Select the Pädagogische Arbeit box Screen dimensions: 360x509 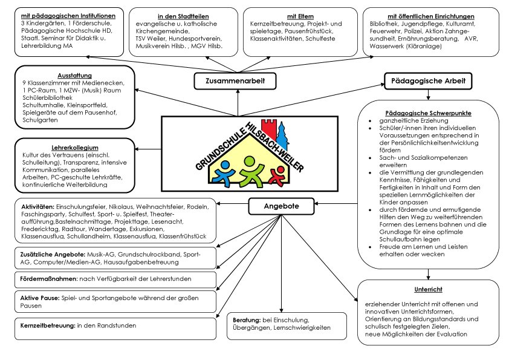click(428, 80)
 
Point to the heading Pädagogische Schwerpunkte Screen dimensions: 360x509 click(429, 113)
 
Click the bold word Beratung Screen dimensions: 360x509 click(247, 319)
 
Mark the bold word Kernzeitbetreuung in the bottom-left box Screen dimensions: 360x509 click(43, 326)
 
